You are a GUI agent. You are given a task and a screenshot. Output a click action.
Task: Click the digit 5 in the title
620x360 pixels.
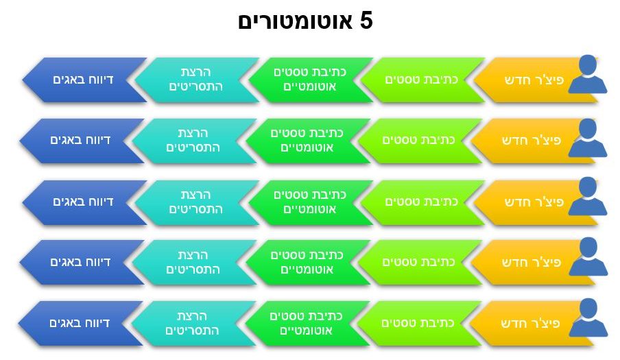[366, 21]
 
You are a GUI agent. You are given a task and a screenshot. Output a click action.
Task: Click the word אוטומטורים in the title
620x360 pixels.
[295, 21]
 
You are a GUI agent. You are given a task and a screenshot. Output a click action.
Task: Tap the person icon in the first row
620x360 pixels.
[588, 74]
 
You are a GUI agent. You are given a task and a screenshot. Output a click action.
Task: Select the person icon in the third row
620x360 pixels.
[588, 196]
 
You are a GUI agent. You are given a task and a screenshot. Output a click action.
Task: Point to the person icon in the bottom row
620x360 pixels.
[588, 317]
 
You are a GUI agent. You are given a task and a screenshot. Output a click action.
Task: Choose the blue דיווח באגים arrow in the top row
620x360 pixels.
[84, 80]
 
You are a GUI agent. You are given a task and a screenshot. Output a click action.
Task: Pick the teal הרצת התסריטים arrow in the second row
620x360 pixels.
[193, 141]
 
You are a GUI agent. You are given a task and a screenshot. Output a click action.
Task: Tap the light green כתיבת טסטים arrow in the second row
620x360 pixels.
[420, 141]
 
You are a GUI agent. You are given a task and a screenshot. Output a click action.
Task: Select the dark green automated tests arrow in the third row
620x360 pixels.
[311, 202]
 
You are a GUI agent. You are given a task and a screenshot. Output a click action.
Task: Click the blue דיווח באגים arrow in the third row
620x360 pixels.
[84, 202]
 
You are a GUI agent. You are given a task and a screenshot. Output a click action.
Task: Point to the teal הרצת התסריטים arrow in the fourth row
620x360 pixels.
[193, 263]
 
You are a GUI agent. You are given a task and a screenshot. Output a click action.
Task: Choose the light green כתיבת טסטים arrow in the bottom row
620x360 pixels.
[419, 324]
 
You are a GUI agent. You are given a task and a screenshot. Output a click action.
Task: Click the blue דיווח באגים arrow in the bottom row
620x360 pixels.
[80, 324]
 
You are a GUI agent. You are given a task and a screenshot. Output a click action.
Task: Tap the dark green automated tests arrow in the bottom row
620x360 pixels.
[307, 324]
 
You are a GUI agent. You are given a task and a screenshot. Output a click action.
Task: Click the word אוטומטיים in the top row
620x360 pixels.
[309, 87]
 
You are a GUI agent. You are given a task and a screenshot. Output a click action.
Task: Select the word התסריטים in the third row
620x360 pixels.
[195, 209]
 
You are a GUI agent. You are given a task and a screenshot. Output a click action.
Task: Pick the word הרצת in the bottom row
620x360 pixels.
[192, 316]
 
